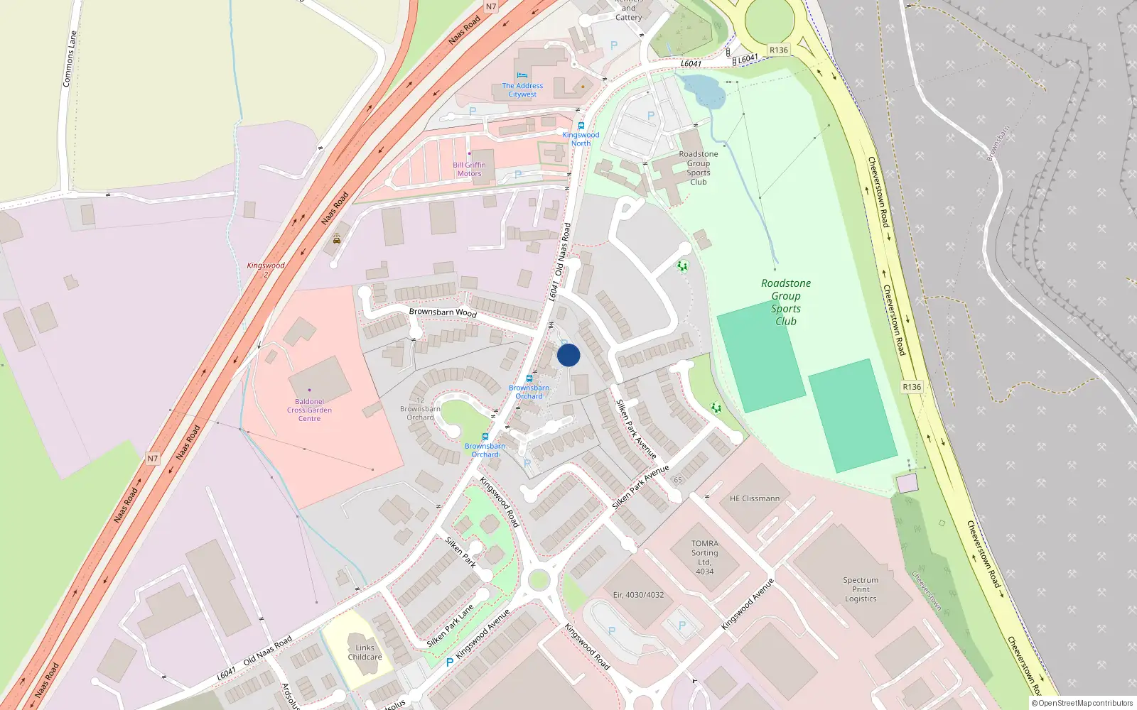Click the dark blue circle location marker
click(568, 355)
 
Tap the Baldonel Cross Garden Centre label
click(309, 410)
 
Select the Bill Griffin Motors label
click(469, 169)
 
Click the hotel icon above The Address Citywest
click(522, 75)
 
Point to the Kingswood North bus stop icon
click(581, 126)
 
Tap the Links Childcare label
click(365, 652)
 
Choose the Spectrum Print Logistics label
click(861, 589)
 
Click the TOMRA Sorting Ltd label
click(704, 557)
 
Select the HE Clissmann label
click(754, 498)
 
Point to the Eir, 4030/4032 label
click(638, 595)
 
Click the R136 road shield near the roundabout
click(778, 50)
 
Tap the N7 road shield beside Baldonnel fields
click(153, 459)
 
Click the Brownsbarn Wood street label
click(443, 312)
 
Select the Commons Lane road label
click(69, 58)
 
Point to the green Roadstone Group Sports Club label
click(786, 302)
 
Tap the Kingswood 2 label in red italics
click(266, 269)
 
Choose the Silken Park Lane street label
click(450, 626)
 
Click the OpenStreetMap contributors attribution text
click(1082, 704)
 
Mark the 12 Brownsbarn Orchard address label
click(420, 409)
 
